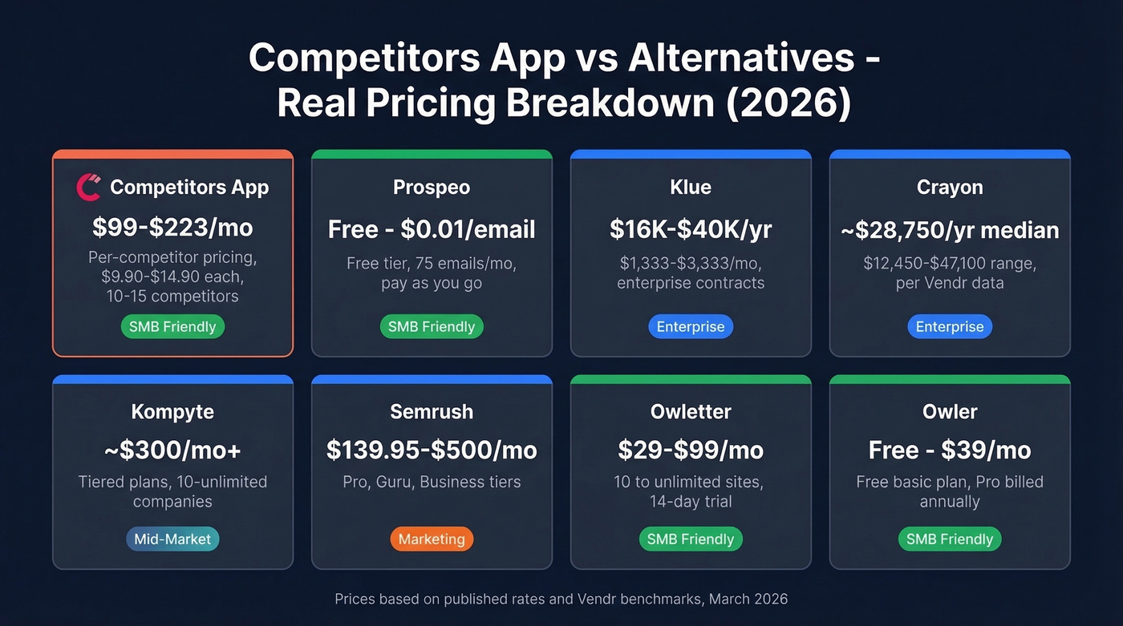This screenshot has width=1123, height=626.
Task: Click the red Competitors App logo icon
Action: pos(88,187)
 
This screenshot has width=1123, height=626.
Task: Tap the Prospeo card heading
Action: pos(432,187)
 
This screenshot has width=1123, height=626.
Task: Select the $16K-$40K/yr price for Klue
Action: pos(691,229)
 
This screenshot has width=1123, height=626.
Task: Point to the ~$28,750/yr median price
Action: pos(950,230)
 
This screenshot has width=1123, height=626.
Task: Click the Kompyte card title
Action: pos(172,411)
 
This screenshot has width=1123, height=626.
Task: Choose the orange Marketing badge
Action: pos(432,539)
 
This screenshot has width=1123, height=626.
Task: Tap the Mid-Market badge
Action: pos(172,539)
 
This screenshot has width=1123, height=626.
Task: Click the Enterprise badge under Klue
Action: pos(691,326)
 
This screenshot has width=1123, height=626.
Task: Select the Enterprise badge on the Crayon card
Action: pos(950,326)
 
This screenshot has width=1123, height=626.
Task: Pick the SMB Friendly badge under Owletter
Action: pos(691,539)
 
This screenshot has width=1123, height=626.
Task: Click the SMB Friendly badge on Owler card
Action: pos(950,539)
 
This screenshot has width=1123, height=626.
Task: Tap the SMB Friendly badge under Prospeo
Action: pos(432,326)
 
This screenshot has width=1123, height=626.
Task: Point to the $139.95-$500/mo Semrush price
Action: pos(432,450)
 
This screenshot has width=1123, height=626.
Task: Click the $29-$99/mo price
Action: pos(691,450)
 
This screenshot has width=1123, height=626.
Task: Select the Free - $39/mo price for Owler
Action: pos(950,450)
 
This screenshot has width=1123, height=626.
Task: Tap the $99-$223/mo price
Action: pos(172,228)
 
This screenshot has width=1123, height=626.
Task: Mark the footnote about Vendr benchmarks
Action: pos(561,599)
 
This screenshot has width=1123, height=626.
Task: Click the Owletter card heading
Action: pos(691,411)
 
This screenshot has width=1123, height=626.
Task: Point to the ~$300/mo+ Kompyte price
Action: pos(172,450)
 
